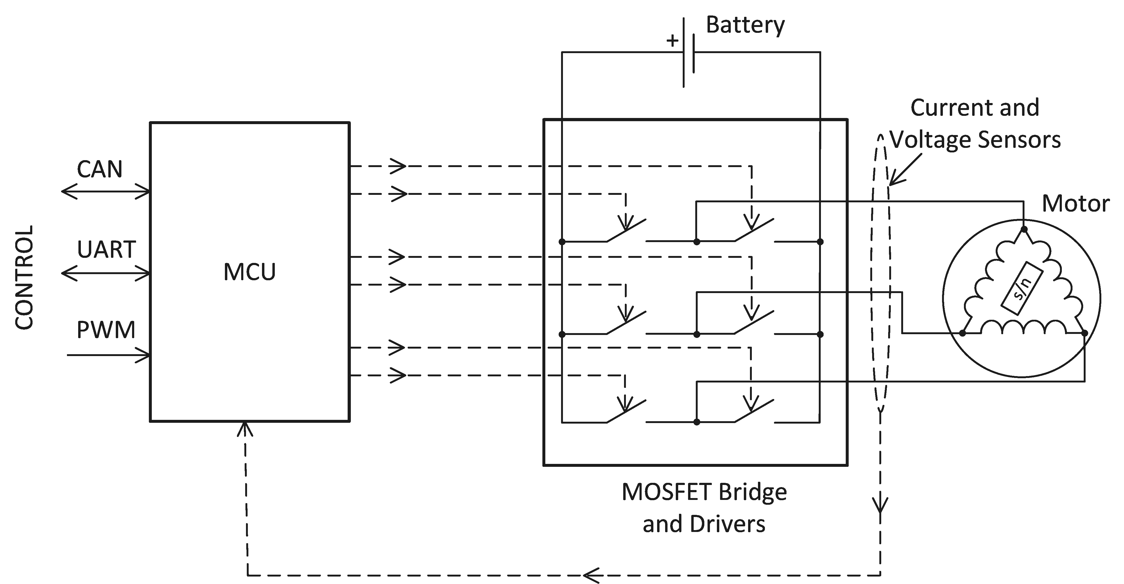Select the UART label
tap(106, 250)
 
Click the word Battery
tap(745, 25)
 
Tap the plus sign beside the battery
tap(672, 41)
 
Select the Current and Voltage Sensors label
tap(975, 124)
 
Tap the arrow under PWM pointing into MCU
tap(108, 355)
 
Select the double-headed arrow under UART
tap(106, 274)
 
